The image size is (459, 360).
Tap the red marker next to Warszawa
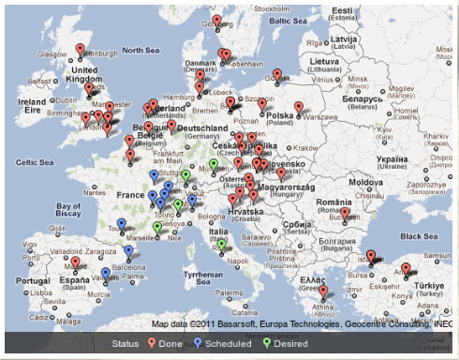299,108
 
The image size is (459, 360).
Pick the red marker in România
345,214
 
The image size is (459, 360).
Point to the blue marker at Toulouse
118,225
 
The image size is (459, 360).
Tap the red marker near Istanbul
370,256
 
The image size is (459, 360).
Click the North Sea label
141,50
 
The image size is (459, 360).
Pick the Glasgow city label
52,54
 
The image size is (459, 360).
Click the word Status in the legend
125,344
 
